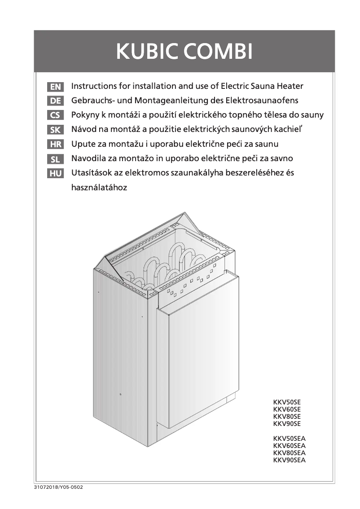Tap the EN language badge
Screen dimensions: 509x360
[56, 86]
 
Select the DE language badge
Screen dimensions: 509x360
[56, 101]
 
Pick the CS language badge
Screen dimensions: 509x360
[56, 115]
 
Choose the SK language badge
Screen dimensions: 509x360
[56, 130]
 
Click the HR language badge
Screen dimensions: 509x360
[56, 145]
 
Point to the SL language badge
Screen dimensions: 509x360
[56, 159]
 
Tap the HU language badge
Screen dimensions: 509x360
[56, 174]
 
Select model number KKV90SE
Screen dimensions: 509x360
[286, 424]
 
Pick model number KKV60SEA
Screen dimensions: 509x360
[289, 446]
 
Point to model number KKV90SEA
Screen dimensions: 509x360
[289, 460]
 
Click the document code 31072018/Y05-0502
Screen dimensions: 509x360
[58, 487]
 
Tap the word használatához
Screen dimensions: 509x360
[99, 188]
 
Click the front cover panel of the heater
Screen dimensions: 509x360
[195, 355]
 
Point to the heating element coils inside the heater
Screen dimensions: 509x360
[166, 265]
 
